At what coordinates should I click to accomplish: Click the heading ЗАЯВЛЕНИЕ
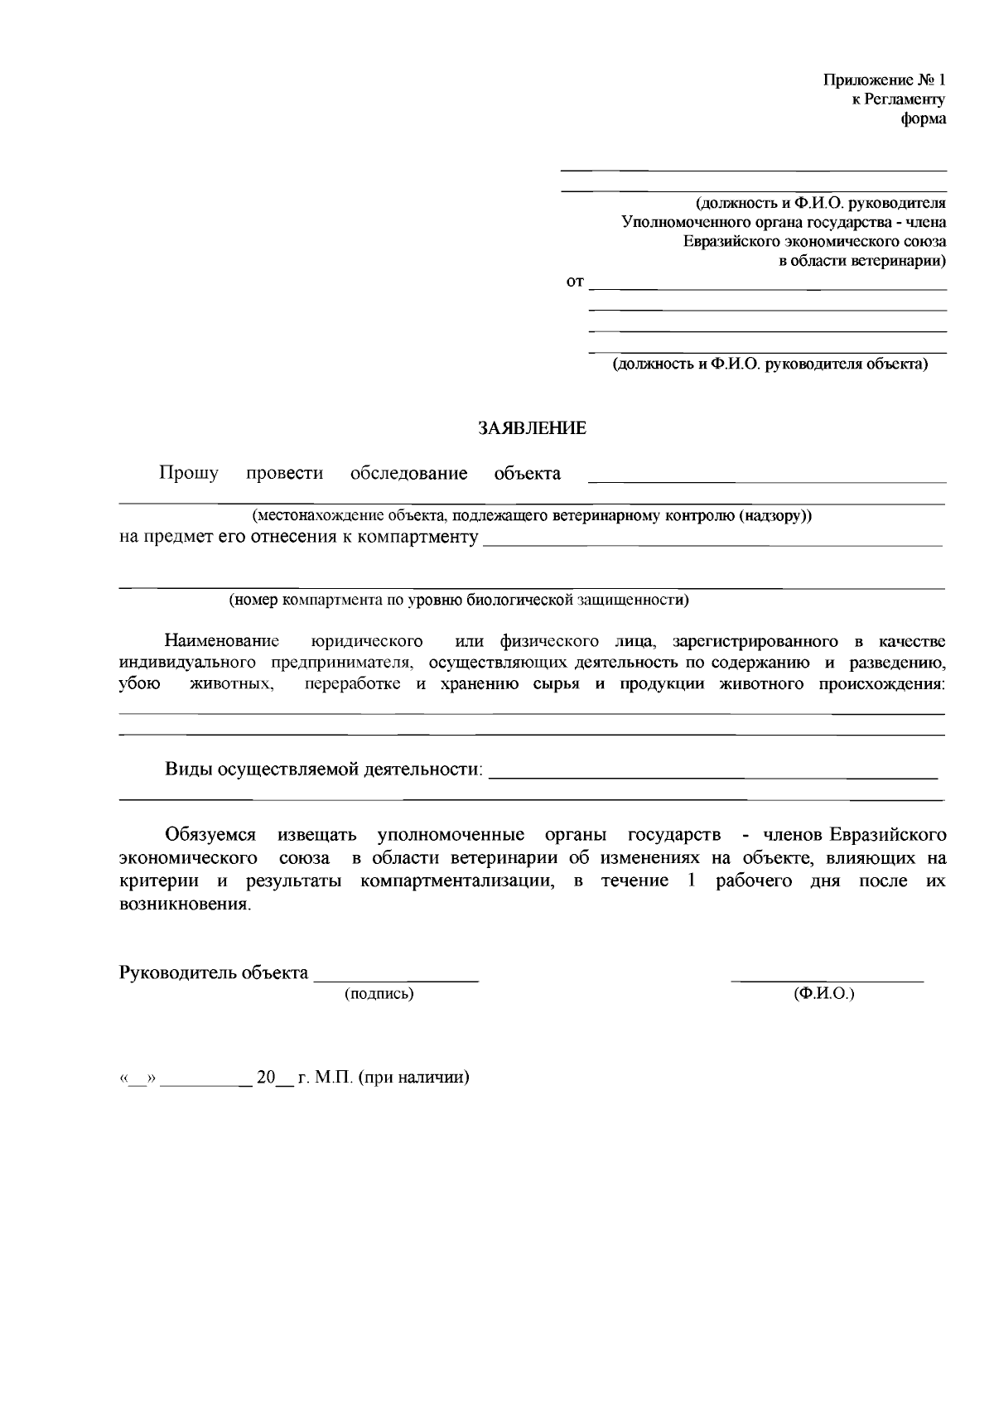click(532, 428)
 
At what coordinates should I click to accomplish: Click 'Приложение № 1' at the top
click(884, 80)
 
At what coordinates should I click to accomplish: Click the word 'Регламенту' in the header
click(905, 99)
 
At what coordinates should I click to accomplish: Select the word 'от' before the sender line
click(574, 282)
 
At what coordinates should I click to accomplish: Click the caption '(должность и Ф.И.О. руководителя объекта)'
click(770, 364)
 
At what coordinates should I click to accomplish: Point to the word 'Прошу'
click(189, 473)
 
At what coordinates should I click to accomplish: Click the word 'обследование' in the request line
click(408, 474)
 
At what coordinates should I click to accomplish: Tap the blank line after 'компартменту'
click(712, 543)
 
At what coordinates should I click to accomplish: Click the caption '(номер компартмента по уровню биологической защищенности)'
click(459, 600)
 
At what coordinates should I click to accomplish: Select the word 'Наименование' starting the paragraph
click(222, 641)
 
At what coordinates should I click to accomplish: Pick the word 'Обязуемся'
click(210, 833)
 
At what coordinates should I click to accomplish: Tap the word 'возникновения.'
click(184, 905)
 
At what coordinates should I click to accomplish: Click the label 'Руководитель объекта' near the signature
click(214, 972)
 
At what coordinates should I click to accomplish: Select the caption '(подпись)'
click(379, 993)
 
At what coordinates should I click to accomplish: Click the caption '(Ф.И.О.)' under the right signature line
click(823, 993)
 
